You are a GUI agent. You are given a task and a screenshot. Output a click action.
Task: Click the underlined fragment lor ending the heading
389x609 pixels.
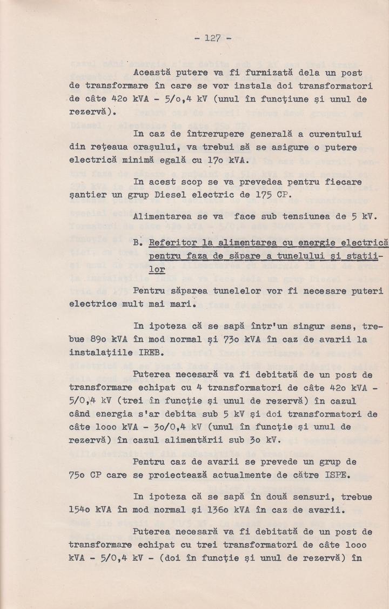point(157,269)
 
